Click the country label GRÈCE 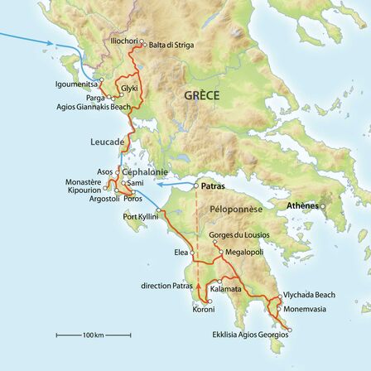click(202, 95)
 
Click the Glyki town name click(129, 88)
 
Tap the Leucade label click(107, 142)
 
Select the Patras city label click(214, 187)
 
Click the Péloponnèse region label click(235, 210)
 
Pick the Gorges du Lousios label click(239, 235)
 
